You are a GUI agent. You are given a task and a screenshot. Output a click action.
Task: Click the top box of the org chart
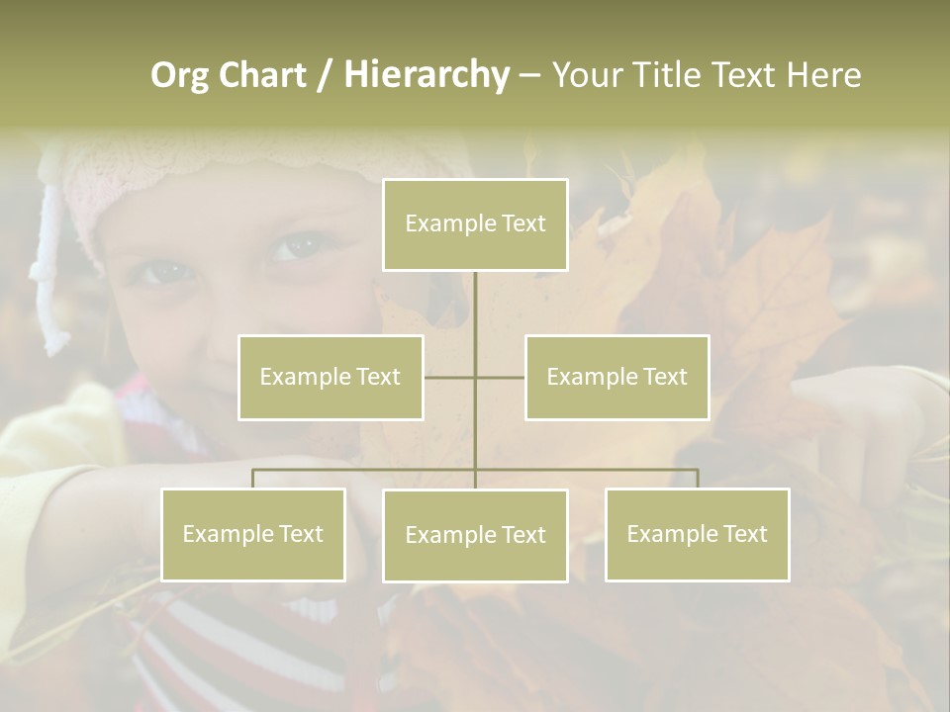tap(475, 224)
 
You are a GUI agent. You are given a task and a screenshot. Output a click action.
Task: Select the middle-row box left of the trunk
tap(331, 377)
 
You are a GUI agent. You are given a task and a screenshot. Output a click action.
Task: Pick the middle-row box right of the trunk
tap(617, 377)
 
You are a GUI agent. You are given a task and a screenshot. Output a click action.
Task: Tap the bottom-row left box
tap(253, 534)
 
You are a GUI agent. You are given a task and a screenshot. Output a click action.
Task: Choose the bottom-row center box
tap(475, 535)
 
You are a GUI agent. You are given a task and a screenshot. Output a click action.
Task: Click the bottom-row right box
tap(697, 534)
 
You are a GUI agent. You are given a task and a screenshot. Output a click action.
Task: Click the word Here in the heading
tap(823, 75)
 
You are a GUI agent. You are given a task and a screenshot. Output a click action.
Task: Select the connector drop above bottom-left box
tap(253, 479)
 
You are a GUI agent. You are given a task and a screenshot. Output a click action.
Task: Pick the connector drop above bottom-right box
tap(697, 479)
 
